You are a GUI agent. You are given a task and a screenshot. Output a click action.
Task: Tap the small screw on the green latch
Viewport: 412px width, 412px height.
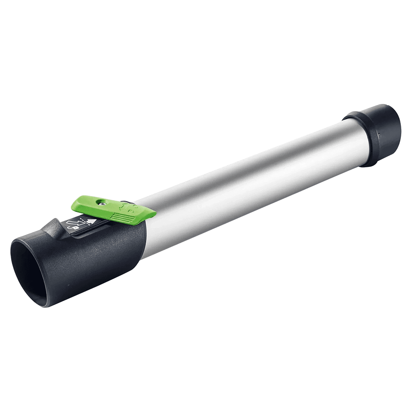pyautogui.click(x=101, y=202)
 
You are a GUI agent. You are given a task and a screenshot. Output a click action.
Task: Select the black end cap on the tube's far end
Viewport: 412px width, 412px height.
pyautogui.click(x=377, y=132)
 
